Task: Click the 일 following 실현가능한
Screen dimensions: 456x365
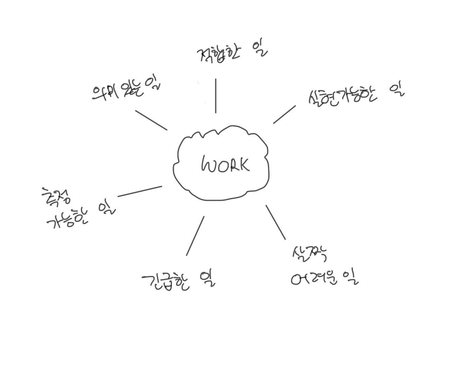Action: pyautogui.click(x=397, y=89)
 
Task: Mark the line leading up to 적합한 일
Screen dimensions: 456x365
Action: pyautogui.click(x=216, y=96)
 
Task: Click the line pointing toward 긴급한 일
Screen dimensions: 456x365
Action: pyautogui.click(x=195, y=236)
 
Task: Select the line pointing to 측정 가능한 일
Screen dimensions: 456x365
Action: pyautogui.click(x=140, y=191)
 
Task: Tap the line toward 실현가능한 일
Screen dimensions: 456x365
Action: pyautogui.click(x=284, y=114)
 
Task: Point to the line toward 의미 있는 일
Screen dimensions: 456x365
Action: pyautogui.click(x=151, y=120)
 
